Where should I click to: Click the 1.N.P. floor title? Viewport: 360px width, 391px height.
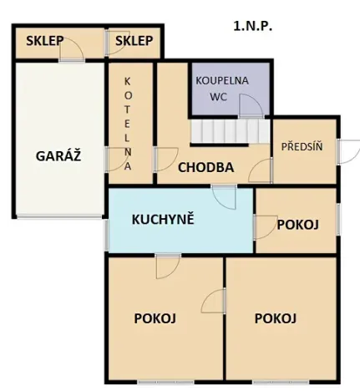coord(253,26)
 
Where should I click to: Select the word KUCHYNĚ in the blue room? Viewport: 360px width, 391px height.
coord(163,220)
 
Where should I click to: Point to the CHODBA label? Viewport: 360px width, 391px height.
coord(205,167)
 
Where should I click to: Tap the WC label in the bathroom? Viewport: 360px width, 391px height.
coord(218,96)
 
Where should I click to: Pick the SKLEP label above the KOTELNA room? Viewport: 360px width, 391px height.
coord(134,41)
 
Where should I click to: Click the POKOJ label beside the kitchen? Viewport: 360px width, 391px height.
coord(295,225)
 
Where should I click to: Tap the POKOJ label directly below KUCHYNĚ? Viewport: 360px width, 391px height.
coord(155,317)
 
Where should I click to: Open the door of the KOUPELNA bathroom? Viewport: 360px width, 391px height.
coord(248,107)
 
